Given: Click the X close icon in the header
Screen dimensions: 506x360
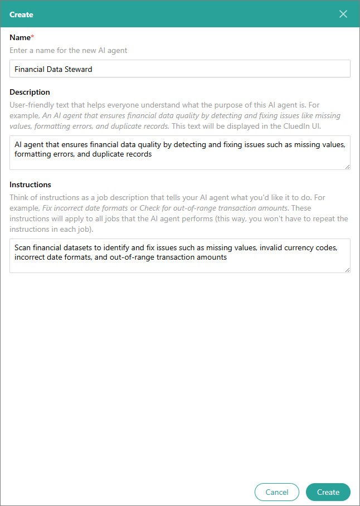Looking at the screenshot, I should (x=343, y=14).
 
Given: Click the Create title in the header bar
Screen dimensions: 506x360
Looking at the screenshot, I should (x=21, y=14).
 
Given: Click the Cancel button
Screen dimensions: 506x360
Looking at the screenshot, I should (x=277, y=492).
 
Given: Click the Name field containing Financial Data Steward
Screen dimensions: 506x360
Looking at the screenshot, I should (x=180, y=69).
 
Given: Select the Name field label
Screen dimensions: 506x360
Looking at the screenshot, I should (x=20, y=37).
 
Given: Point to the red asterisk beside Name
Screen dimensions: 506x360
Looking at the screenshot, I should (x=32, y=36).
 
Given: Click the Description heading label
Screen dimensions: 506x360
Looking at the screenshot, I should (x=30, y=92).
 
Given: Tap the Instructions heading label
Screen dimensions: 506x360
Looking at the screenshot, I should (x=30, y=184).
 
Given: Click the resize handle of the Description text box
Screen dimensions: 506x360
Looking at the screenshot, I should (x=347, y=166).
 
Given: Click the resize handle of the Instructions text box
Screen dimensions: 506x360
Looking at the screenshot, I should (x=347, y=270).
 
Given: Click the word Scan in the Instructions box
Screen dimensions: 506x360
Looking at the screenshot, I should (x=23, y=247).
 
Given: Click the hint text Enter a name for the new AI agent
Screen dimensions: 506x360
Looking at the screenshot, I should (x=69, y=51).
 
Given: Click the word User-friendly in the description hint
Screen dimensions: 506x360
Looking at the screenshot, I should (x=32, y=105).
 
